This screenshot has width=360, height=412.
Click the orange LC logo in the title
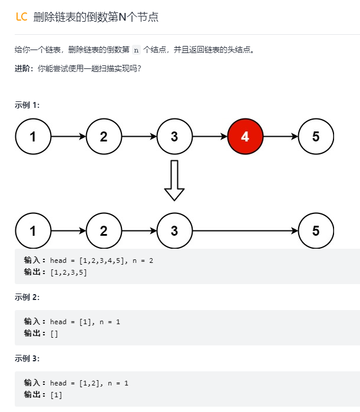coord(21,17)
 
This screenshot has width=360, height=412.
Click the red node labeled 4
coord(245,137)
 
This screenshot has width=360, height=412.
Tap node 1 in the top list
coord(33,137)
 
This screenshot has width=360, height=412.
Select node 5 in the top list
coord(316,137)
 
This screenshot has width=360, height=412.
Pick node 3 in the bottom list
coord(174,230)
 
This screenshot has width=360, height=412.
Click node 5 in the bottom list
coord(316,230)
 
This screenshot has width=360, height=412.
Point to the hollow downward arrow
coord(174,180)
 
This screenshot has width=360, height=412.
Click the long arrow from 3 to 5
coord(245,230)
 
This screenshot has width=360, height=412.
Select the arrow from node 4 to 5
coord(280,137)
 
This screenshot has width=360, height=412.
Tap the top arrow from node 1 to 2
coord(68,137)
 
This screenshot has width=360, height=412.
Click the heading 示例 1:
coord(27,105)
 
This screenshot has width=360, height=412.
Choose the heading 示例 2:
coord(27,297)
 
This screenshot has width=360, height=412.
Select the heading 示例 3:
coord(27,358)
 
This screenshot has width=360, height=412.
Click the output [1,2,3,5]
coord(68,272)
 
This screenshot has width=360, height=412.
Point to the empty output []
coord(54,334)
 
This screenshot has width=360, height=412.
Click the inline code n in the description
coord(137,50)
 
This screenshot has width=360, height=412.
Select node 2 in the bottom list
coord(104,230)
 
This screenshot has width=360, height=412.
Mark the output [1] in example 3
coord(57,395)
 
